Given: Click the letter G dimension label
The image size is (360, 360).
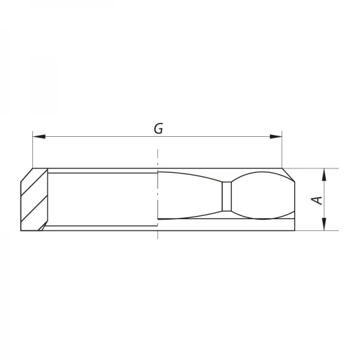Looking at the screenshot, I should pyautogui.click(x=158, y=128).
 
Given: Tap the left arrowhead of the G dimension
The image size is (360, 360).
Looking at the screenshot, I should pyautogui.click(x=38, y=136).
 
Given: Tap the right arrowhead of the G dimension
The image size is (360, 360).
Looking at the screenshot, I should pyautogui.click(x=276, y=136).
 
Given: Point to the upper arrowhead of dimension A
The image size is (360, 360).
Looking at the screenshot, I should pyautogui.click(x=325, y=174).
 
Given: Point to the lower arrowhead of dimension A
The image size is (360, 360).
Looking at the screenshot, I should pyautogui.click(x=325, y=224).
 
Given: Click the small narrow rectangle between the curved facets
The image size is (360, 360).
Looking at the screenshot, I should pyautogui.click(x=226, y=196).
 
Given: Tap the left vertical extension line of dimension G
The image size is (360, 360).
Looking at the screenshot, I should pyautogui.click(x=31, y=150).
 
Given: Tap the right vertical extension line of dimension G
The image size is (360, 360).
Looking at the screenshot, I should pyautogui.click(x=282, y=150).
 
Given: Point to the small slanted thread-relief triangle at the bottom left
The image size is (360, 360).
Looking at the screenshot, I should pyautogui.click(x=42, y=227).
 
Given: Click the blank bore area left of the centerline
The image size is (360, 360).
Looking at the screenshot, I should pyautogui.click(x=102, y=198).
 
